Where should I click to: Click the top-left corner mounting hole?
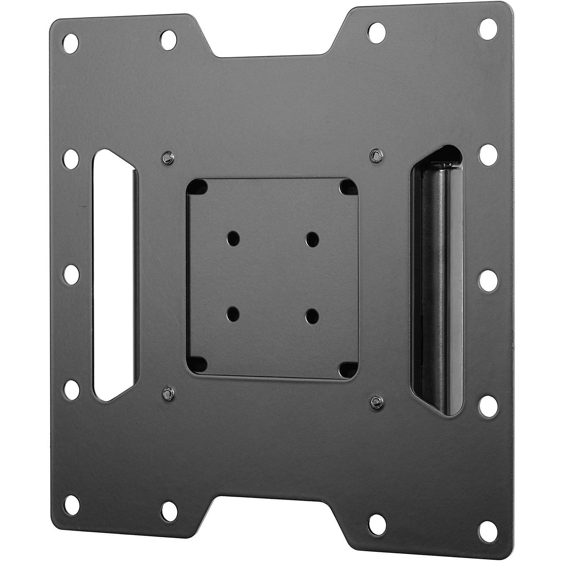coord(71,44)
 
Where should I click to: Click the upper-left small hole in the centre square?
coord(231,238)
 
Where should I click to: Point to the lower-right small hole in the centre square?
coord(312,315)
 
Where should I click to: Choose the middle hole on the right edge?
coord(487,280)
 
